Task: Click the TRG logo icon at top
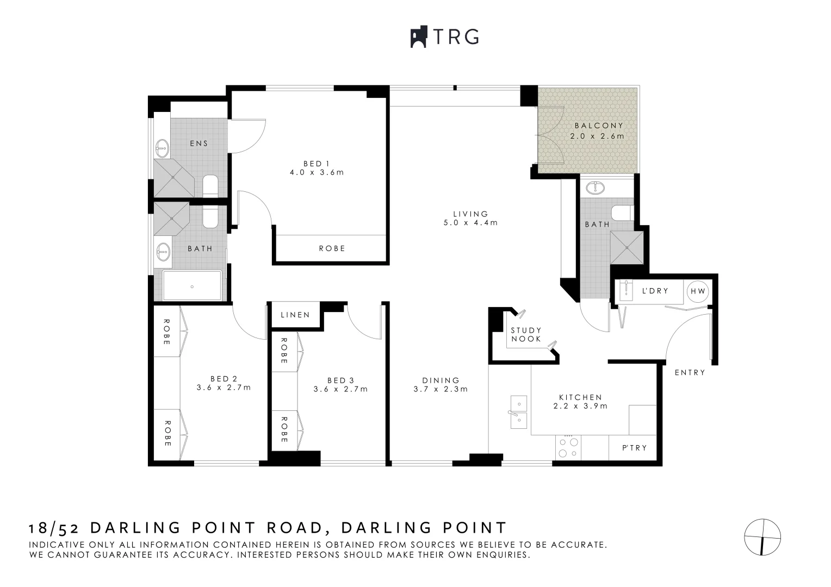(418, 37)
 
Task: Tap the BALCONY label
(598, 126)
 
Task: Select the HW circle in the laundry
(697, 291)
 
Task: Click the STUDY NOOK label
(526, 334)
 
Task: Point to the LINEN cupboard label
(295, 315)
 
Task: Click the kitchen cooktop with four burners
(568, 448)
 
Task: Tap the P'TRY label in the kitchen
(634, 448)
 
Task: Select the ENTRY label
(690, 373)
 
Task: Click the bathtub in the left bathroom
(192, 285)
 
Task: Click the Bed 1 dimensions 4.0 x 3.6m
(317, 173)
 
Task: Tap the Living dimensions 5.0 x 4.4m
(470, 222)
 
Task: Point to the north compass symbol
(762, 537)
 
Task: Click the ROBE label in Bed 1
(332, 248)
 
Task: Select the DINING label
(441, 380)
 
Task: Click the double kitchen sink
(518, 412)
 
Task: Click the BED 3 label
(340, 380)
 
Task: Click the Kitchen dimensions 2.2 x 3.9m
(580, 406)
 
